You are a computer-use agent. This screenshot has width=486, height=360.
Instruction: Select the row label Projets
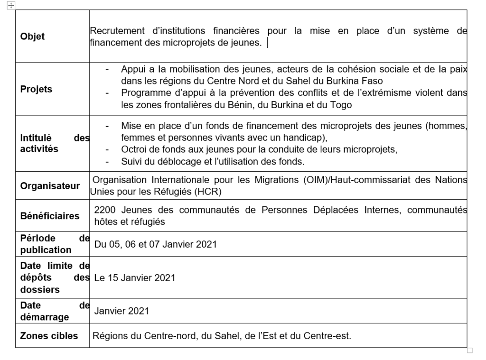pos(37,89)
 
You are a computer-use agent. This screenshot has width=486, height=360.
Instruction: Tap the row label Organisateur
pos(50,186)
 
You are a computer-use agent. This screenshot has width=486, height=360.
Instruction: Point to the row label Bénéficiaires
pos(50,216)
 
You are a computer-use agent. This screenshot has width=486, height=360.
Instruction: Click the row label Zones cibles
pos(49,336)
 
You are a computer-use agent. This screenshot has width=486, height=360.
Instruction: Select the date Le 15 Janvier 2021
pos(135,278)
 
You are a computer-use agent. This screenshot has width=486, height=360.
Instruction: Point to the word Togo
pos(341,105)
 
